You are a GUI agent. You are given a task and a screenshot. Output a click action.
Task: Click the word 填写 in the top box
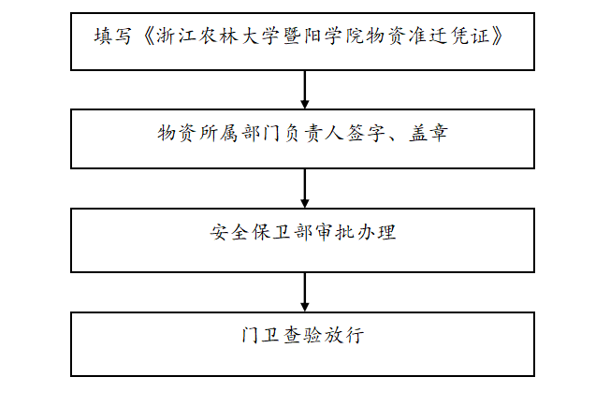[112, 36]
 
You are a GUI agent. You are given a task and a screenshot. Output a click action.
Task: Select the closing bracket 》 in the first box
[497, 36]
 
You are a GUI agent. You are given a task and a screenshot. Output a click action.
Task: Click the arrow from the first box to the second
[305, 90]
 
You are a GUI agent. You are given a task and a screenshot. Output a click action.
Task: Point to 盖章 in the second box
[428, 133]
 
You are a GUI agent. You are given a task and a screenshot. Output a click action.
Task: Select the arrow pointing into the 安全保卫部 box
[305, 188]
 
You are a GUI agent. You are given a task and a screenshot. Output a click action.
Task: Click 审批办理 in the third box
[356, 233]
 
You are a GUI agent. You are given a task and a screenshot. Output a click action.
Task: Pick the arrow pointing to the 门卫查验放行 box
[305, 292]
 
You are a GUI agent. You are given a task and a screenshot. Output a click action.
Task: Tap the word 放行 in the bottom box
[344, 335]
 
